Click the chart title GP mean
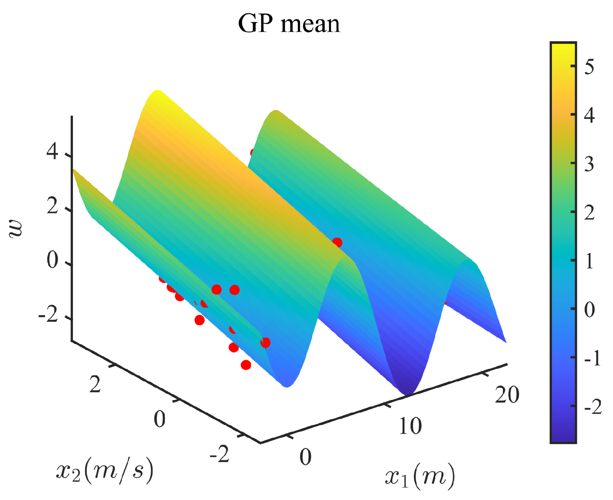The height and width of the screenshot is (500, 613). (x=289, y=23)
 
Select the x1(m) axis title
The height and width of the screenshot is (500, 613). (x=419, y=476)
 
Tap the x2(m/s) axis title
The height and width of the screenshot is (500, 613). (x=105, y=470)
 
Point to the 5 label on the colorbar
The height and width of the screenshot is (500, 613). (x=589, y=66)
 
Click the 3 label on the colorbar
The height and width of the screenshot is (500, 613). (x=589, y=164)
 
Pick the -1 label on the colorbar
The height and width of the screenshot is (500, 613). (x=592, y=358)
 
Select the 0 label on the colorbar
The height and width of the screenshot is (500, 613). (x=590, y=310)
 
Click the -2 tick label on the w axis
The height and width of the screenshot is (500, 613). (x=49, y=315)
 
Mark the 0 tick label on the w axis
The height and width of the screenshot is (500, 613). (x=53, y=260)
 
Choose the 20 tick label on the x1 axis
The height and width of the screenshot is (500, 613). (x=507, y=394)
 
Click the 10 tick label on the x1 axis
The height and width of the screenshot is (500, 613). (x=410, y=426)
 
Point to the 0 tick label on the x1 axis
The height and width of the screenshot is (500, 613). (x=305, y=457)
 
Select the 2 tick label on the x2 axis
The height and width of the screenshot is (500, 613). (x=95, y=384)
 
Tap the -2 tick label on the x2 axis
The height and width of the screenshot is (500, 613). (x=219, y=454)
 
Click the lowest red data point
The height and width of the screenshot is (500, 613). (x=246, y=365)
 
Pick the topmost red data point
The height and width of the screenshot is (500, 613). (x=254, y=153)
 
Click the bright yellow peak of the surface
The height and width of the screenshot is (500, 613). (x=158, y=92)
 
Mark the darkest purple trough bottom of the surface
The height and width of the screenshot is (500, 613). (x=407, y=392)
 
